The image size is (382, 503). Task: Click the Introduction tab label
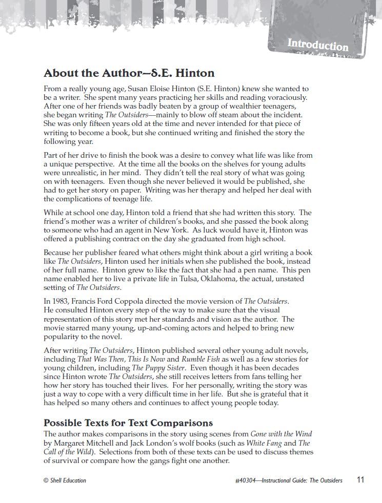(317, 45)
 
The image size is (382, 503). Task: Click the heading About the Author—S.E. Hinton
(129, 73)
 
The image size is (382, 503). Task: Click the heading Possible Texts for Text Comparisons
(128, 423)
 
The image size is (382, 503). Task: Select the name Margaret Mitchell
(83, 443)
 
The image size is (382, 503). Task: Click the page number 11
(360, 480)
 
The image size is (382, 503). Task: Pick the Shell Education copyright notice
(65, 480)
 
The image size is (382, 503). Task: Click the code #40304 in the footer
(245, 480)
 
